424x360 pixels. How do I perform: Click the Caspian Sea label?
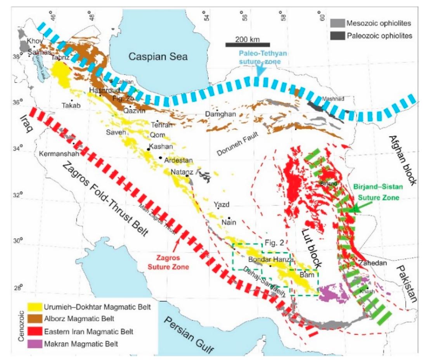158,56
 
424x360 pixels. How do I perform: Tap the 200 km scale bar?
247,44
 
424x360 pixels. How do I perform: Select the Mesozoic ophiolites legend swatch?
336,24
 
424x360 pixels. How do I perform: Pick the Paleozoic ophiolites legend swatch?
336,36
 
